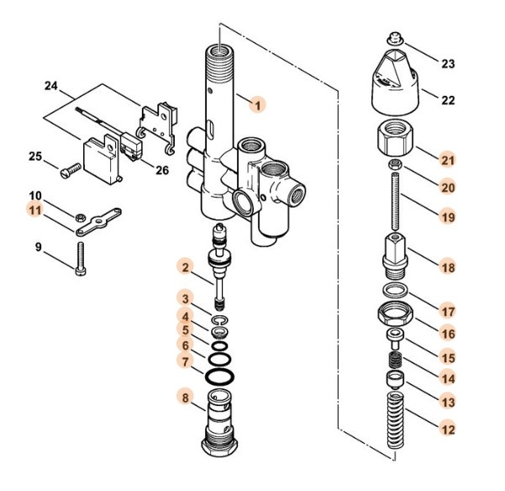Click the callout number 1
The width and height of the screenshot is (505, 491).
[258, 104]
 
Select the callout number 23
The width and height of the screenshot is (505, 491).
[448, 64]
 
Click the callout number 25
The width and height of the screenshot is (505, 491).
[35, 156]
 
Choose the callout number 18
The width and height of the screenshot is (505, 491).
[449, 267]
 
